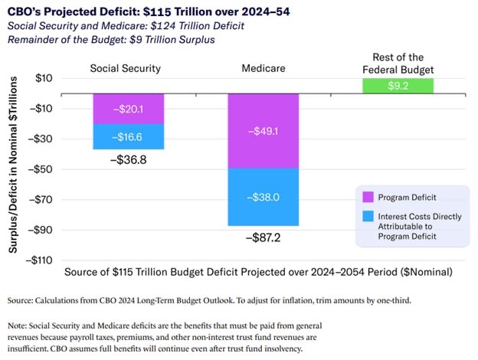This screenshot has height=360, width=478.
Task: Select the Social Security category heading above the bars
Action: pyautogui.click(x=125, y=68)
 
